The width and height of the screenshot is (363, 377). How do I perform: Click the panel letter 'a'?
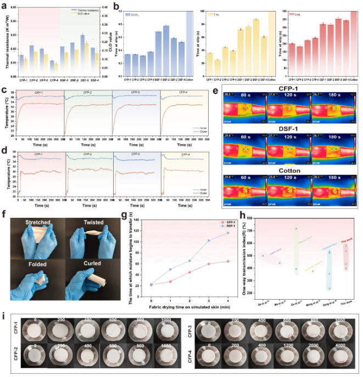[x=4, y=5]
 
